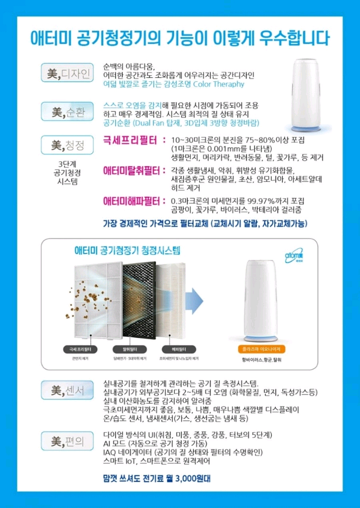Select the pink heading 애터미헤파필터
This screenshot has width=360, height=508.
click(x=134, y=201)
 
